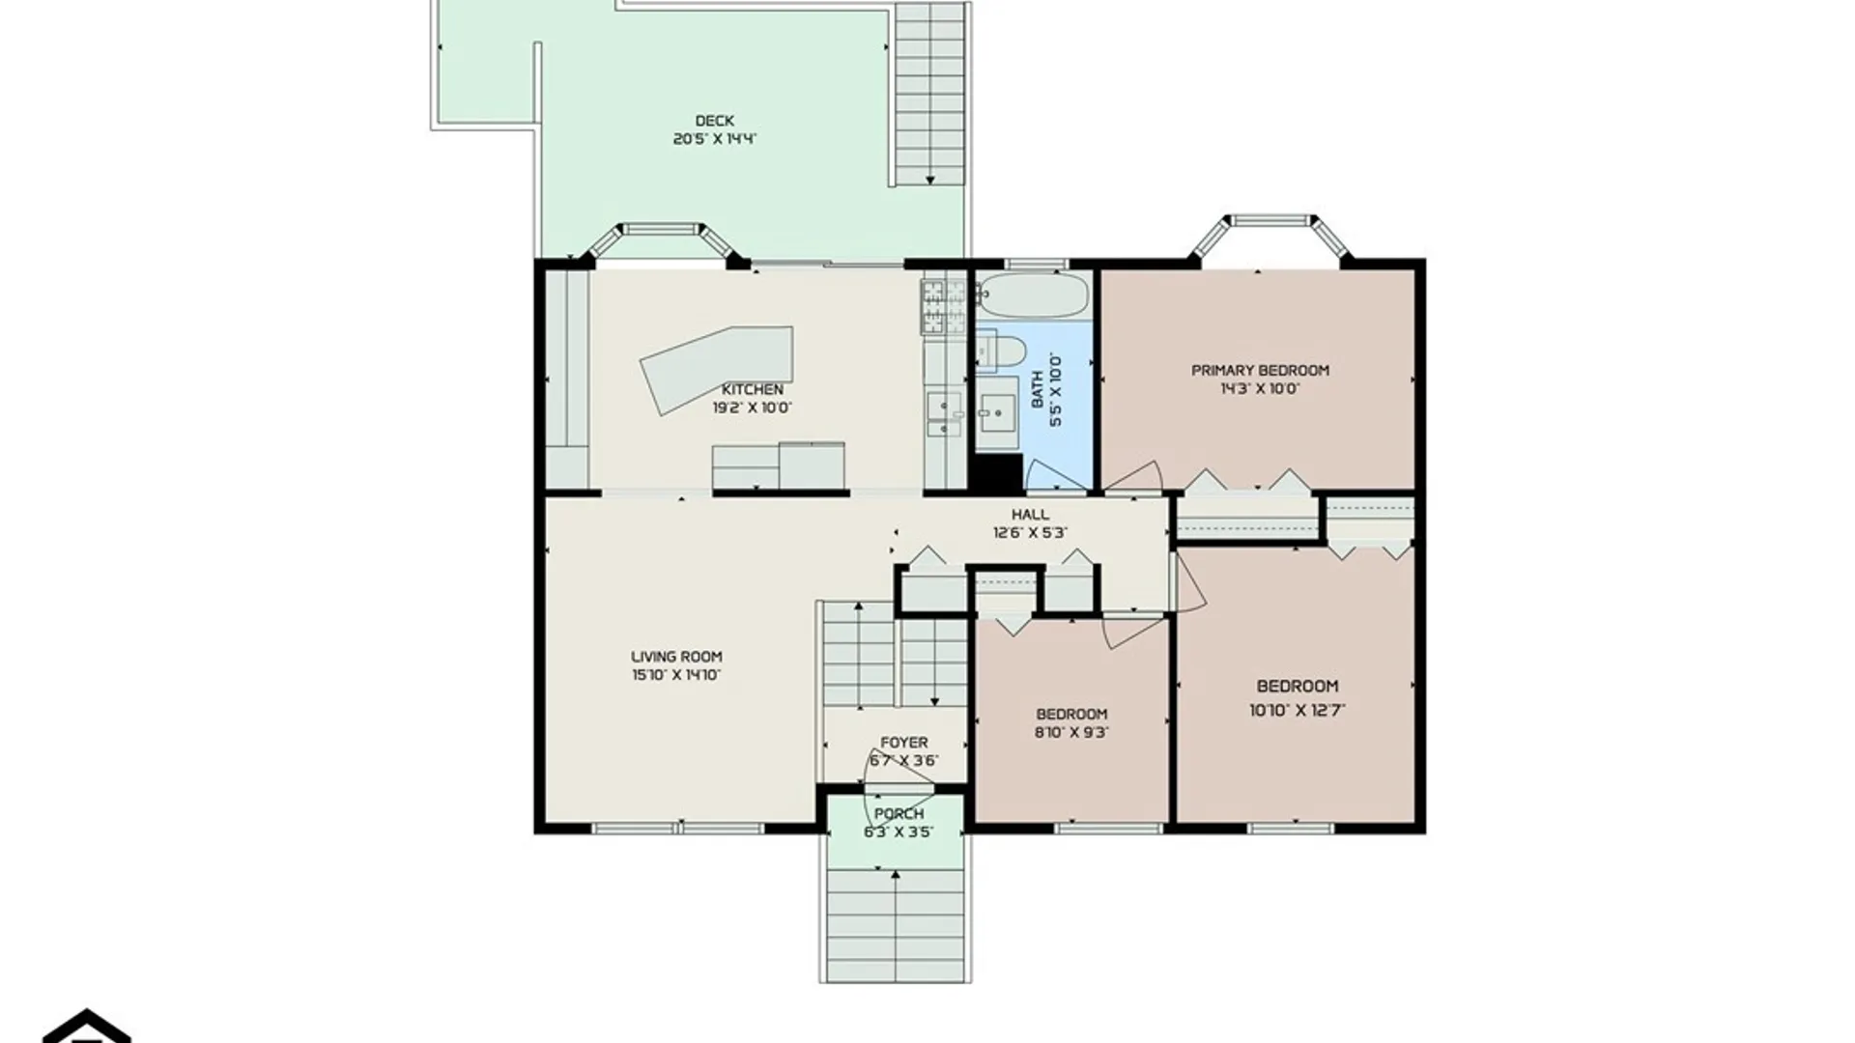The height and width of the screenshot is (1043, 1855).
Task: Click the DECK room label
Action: point(714,121)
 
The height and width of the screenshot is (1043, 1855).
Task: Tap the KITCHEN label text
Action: point(753,389)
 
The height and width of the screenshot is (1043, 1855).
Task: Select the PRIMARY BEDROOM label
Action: point(1260,370)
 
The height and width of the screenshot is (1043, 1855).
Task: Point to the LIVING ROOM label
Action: point(676,657)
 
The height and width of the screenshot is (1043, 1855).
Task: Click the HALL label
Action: point(1030,514)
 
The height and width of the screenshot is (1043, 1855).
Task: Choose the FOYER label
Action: point(903,743)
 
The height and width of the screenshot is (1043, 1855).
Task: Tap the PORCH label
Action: point(899,814)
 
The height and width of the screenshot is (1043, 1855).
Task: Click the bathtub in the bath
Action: point(1032,295)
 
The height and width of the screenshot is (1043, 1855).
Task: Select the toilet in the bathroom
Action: point(999,351)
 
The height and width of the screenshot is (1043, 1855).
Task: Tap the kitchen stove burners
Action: point(944,307)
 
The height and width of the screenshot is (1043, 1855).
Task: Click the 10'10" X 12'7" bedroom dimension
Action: point(1298,710)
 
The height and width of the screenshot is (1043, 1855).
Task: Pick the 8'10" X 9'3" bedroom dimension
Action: point(1071,732)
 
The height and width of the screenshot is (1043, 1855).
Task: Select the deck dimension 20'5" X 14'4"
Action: point(714,139)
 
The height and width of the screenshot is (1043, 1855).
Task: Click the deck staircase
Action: point(929,94)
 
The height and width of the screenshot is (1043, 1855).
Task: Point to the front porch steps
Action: point(896,924)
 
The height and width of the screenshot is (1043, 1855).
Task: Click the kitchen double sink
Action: point(944,414)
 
